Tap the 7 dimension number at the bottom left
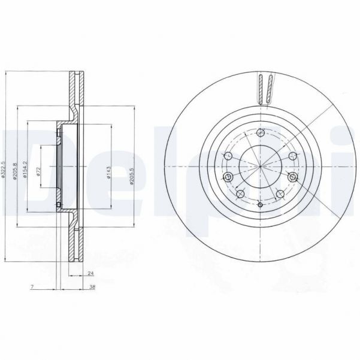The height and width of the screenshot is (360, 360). tap(31, 288)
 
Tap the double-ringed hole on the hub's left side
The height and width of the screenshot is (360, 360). tap(228, 177)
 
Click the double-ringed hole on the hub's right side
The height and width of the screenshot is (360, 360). tap(292, 177)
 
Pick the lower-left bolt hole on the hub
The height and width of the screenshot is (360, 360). tap(239, 193)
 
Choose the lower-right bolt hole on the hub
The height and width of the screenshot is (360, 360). tap(280, 193)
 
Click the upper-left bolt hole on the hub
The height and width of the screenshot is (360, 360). tap(228, 156)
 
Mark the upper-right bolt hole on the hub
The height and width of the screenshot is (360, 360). tap(292, 155)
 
